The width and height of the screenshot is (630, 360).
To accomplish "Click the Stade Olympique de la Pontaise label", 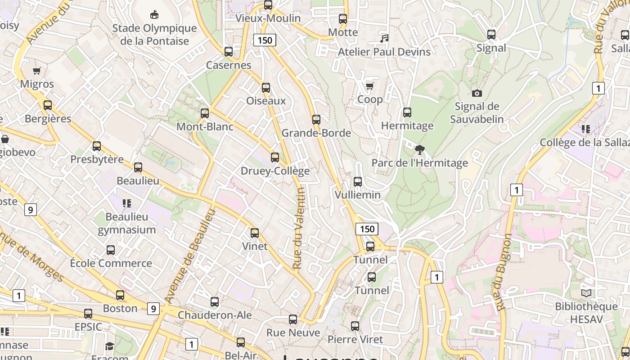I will click(154, 35).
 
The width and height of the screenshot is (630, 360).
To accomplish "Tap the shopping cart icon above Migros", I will click(37, 71).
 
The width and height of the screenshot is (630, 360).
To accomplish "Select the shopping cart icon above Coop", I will click(369, 86).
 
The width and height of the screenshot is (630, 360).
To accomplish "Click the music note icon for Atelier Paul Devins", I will click(384, 39).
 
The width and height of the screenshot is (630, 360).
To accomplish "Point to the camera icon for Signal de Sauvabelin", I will click(477, 93).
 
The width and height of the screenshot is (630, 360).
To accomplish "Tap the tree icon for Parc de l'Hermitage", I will click(419, 149).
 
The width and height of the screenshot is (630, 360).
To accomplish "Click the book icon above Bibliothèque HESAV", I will click(586, 293).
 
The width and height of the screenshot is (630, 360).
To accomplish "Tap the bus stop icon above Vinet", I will click(255, 233).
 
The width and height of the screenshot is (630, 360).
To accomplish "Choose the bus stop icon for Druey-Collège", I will click(275, 157).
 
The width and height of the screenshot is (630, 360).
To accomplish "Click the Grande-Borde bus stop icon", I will click(316, 120).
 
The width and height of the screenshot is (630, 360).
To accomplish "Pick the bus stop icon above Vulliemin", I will click(358, 182).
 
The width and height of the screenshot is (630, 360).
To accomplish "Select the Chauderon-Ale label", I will click(215, 315).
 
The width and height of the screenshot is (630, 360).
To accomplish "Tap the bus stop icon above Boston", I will click(120, 295).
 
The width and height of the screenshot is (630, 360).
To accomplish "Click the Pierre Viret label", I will click(355, 339).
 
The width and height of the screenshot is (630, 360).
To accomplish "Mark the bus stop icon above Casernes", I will click(229, 52).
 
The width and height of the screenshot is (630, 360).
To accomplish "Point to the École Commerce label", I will click(111, 263).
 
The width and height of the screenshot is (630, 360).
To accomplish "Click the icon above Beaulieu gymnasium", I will click(127, 203).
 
